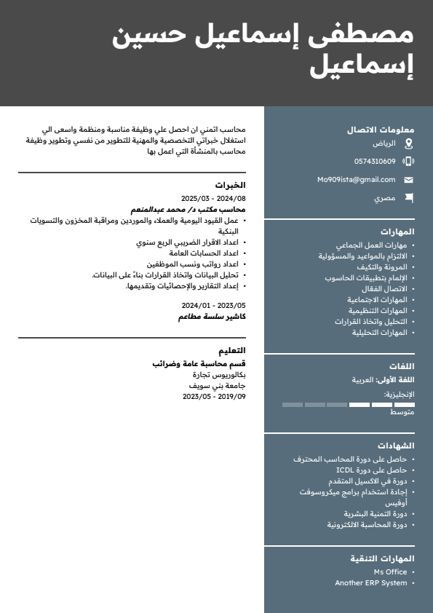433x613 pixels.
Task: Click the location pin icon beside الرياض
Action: click(408, 143)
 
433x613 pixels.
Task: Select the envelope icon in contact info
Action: click(408, 180)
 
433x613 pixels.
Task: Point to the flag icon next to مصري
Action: click(408, 197)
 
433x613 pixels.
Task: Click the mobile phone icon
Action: click(408, 162)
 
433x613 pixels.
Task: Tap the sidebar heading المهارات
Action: click(397, 232)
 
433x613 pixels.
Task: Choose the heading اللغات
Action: click(402, 366)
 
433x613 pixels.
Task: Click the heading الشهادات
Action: click(396, 446)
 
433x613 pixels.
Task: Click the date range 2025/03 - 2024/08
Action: click(213, 198)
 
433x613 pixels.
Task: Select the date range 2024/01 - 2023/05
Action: click(213, 306)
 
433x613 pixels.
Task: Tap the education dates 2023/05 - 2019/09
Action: click(214, 397)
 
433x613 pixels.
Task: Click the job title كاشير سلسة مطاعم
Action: click(212, 317)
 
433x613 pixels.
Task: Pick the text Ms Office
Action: click(390, 572)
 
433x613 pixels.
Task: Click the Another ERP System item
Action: click(370, 583)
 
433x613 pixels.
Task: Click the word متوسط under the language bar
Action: click(402, 413)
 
